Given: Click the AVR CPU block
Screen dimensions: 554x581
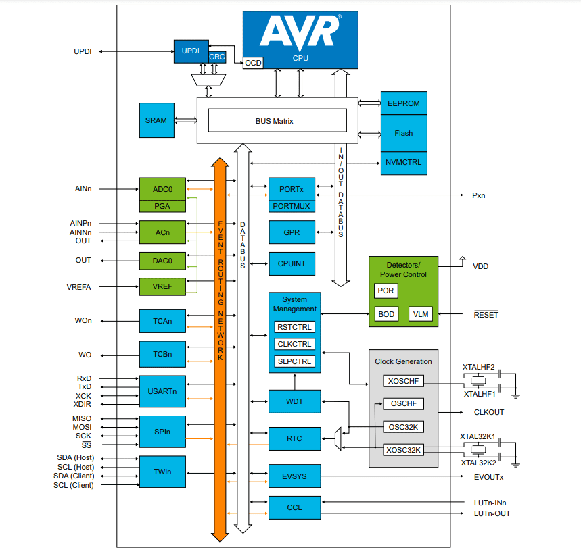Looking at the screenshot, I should tap(300, 39).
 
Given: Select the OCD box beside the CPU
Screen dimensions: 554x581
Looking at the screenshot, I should tap(253, 63).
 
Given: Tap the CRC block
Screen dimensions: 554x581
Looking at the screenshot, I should tap(217, 57).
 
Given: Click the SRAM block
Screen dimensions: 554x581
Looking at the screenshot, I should tap(156, 120).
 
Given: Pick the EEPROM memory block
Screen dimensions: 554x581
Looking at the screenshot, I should tap(403, 103).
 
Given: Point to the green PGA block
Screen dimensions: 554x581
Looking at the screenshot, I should tap(162, 206).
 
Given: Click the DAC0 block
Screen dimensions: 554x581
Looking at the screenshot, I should tap(162, 260).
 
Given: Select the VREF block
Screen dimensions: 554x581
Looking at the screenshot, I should tap(162, 287).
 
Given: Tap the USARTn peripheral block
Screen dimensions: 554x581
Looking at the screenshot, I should tap(162, 391).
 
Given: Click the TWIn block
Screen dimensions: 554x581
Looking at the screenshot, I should tap(162, 472).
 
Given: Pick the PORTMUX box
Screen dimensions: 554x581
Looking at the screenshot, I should tap(292, 206).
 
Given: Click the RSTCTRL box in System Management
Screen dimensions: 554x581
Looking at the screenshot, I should tap(294, 328).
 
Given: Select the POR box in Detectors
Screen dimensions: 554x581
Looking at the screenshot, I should tap(386, 291).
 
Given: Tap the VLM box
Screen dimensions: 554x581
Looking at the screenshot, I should tap(421, 314).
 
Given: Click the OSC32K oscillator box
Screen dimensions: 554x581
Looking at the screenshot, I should tap(403, 426).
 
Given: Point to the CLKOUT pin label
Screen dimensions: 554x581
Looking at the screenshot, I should tap(488, 412).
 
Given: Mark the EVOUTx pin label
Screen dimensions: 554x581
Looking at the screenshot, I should tap(488, 477).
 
